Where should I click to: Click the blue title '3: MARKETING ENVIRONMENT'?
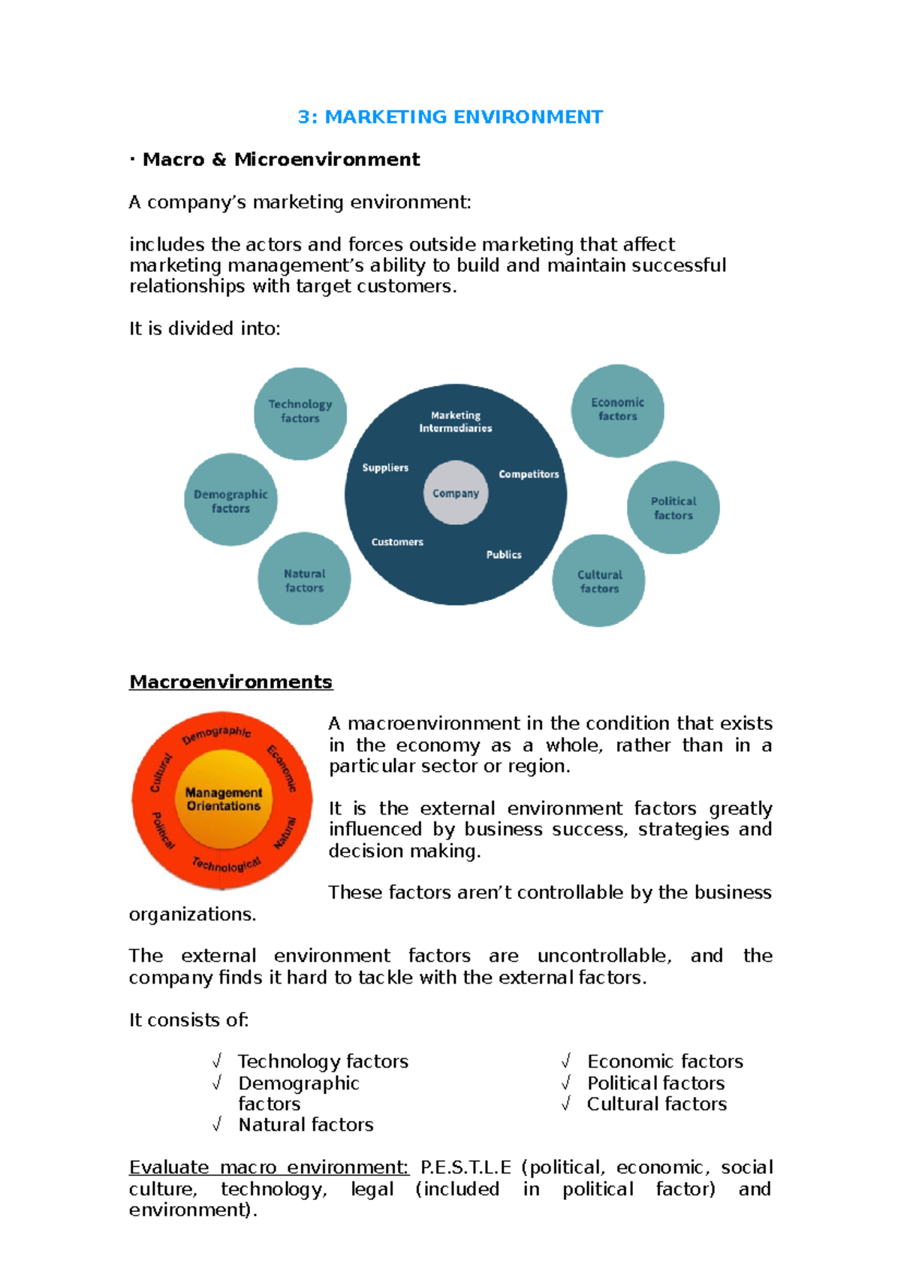point(450,117)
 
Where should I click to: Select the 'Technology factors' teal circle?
point(300,413)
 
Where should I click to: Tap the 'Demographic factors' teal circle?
point(231,500)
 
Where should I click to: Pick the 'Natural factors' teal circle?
point(304,579)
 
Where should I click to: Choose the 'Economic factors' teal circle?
point(617,411)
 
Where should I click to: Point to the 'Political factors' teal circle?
point(673,508)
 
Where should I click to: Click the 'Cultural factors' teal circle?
point(598,580)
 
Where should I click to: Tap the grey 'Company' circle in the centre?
point(456,493)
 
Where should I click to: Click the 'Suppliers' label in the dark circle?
point(385,468)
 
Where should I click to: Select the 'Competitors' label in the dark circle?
point(529,475)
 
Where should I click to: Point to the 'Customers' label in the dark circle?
point(397,542)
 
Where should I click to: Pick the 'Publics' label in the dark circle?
point(504,555)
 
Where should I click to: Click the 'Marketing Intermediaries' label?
point(456,422)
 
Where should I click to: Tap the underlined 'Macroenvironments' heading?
point(231,682)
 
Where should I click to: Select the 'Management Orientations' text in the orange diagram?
point(224,799)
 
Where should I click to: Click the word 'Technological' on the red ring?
point(226,864)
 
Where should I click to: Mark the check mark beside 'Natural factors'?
point(217,1124)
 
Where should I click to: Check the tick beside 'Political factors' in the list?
point(566,1083)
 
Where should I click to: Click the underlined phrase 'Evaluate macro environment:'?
point(269,1168)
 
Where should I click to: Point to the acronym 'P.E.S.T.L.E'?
point(466,1168)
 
